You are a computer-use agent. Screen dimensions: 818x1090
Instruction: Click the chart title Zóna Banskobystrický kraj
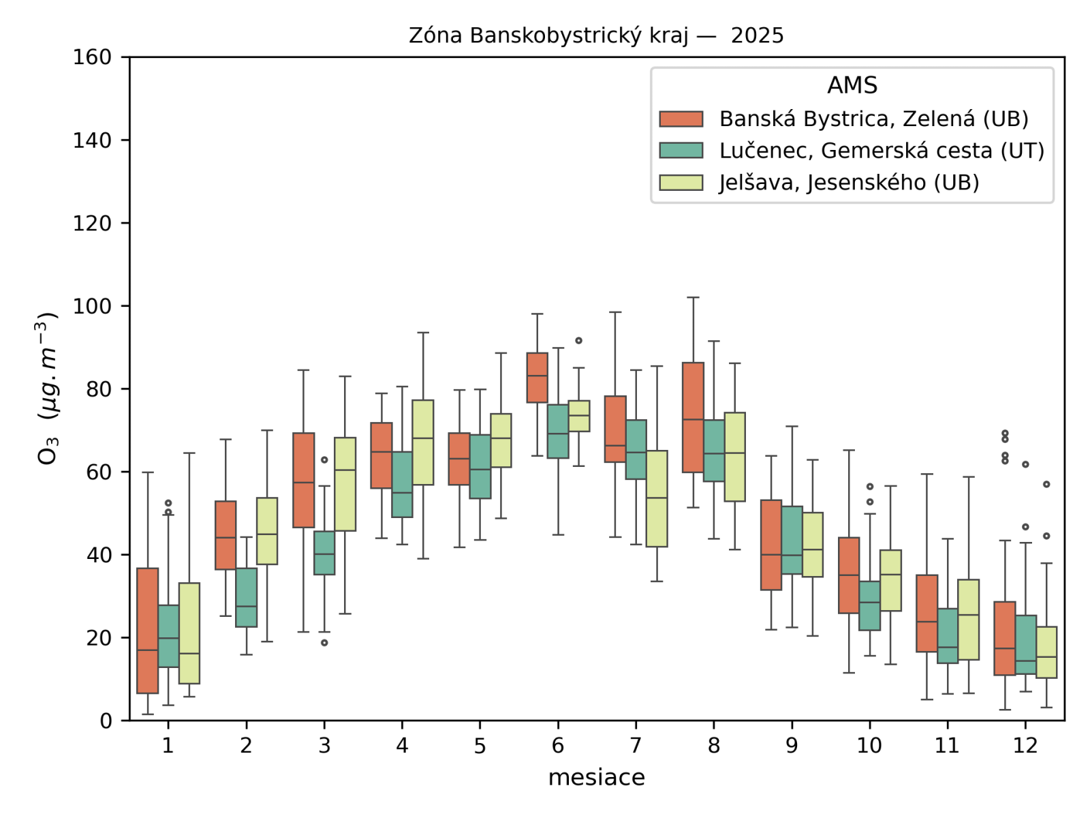pyautogui.click(x=596, y=35)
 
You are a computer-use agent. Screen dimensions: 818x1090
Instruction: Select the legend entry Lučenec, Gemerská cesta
pyautogui.click(x=882, y=151)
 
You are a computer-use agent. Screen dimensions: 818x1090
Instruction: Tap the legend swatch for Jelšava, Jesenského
pyautogui.click(x=681, y=183)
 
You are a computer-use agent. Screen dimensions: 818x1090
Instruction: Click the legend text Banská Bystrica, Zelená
pyautogui.click(x=873, y=119)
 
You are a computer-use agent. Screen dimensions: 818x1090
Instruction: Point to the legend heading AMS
pyautogui.click(x=852, y=85)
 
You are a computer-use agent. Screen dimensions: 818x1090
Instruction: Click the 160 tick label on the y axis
pyautogui.click(x=92, y=57)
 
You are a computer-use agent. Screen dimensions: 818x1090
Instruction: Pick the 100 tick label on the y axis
pyautogui.click(x=92, y=306)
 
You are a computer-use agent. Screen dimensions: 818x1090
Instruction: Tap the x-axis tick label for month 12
pyautogui.click(x=1025, y=746)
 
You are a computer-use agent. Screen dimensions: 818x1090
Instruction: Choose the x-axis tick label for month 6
pyautogui.click(x=557, y=746)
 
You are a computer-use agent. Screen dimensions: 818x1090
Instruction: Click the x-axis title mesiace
pyautogui.click(x=596, y=777)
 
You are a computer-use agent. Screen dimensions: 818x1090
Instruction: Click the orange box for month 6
pyautogui.click(x=537, y=378)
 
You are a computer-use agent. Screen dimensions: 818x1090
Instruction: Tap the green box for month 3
pyautogui.click(x=324, y=553)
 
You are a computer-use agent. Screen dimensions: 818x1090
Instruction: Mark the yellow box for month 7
pyautogui.click(x=657, y=498)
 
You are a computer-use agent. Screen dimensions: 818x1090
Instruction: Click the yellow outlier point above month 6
pyautogui.click(x=578, y=340)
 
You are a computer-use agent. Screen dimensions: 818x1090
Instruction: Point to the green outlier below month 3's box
pyautogui.click(x=324, y=643)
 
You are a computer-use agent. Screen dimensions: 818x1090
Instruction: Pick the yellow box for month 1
pyautogui.click(x=189, y=633)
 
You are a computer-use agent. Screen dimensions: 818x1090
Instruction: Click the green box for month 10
pyautogui.click(x=869, y=606)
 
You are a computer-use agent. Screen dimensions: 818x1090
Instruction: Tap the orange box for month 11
pyautogui.click(x=926, y=613)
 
